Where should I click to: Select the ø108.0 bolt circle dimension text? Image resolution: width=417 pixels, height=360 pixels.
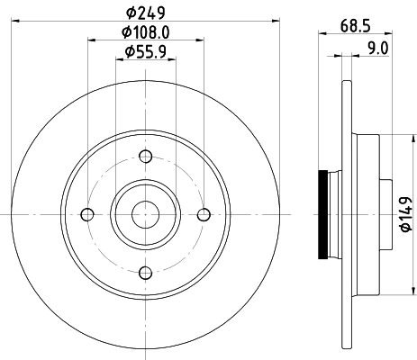click(146, 33)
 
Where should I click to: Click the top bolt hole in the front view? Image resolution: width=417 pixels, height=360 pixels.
click(145, 157)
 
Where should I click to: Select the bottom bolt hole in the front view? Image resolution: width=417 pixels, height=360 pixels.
click(145, 272)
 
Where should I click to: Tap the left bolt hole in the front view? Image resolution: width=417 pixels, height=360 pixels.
click(87, 214)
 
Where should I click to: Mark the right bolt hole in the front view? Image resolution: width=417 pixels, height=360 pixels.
click(203, 214)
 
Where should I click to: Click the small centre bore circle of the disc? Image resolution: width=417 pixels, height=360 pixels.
click(145, 214)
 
